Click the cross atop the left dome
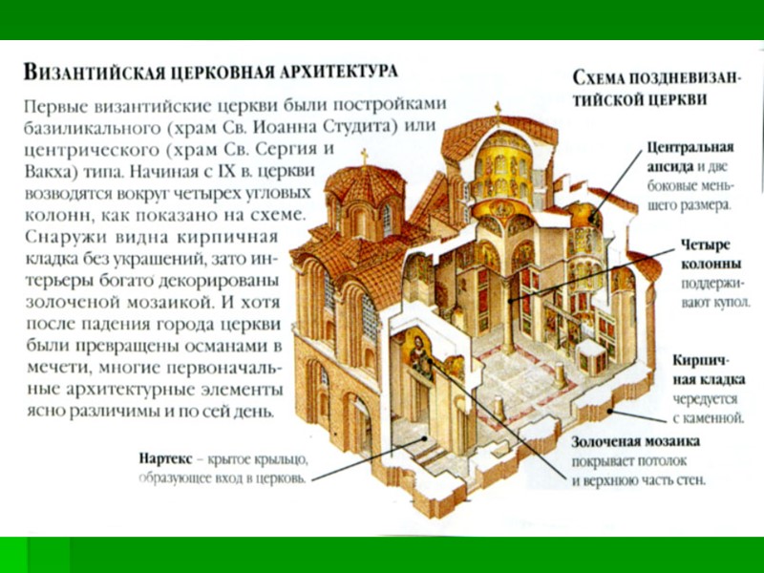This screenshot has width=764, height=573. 364,154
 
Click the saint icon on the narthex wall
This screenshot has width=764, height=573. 419,353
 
